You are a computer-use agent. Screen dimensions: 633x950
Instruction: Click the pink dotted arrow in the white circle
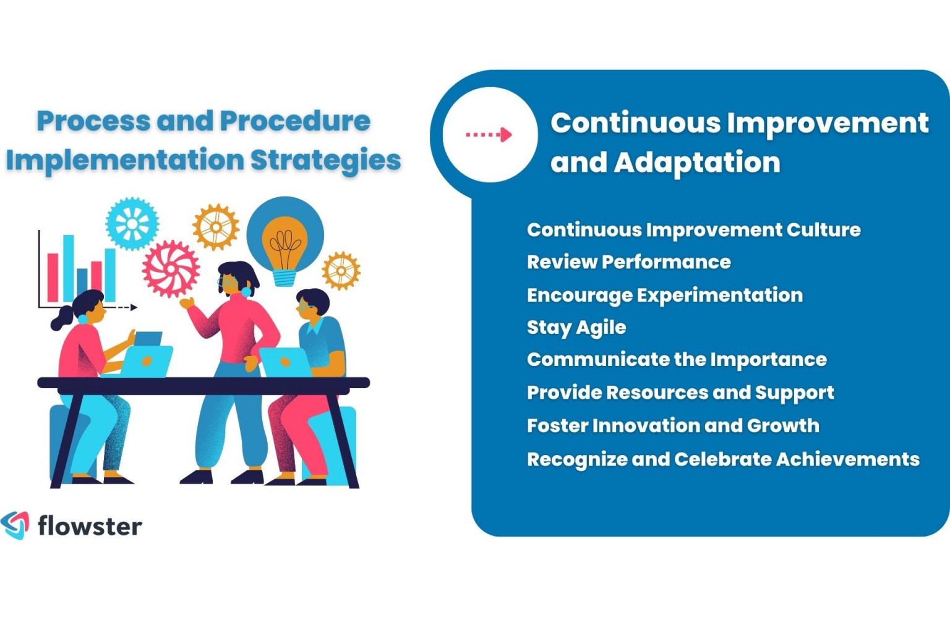click(489, 134)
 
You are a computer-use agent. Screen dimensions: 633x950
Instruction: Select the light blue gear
click(132, 224)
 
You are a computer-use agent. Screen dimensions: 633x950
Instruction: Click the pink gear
click(171, 269)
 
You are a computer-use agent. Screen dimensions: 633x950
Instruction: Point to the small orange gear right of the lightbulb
click(341, 271)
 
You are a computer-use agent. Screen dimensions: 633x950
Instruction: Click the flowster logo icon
click(15, 525)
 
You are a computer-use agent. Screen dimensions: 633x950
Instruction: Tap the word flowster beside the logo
click(90, 526)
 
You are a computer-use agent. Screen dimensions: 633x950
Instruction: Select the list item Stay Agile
click(576, 327)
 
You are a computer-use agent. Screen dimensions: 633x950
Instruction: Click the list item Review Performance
click(628, 261)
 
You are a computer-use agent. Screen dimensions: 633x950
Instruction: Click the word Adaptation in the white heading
click(697, 162)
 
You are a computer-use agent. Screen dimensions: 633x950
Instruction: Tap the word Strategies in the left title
click(325, 159)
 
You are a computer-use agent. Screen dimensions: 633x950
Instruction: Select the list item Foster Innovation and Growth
click(673, 425)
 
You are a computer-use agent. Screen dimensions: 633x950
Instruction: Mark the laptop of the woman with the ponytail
click(147, 362)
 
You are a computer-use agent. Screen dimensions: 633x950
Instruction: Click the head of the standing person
click(236, 278)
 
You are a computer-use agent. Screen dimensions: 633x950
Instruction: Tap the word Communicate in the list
click(584, 359)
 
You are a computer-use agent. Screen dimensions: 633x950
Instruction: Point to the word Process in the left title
click(93, 121)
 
